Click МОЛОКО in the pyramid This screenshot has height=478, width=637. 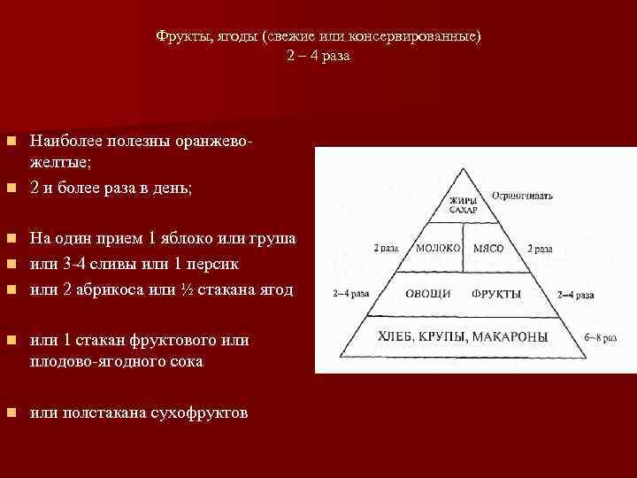click(x=438, y=249)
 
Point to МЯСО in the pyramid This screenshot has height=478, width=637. click(x=488, y=249)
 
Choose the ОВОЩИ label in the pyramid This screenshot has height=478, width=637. click(x=422, y=292)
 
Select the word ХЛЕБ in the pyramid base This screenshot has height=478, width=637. click(x=397, y=336)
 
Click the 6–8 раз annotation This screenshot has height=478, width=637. click(x=602, y=337)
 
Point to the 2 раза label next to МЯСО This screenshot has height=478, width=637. click(x=541, y=250)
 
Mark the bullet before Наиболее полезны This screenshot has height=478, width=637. click(x=10, y=142)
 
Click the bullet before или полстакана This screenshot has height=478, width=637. click(x=10, y=413)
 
